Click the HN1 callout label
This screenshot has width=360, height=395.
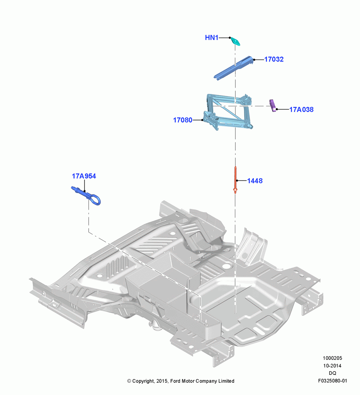tap(212, 38)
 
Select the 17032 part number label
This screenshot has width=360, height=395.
tap(274, 59)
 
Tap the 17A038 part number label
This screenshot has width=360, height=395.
tap(301, 109)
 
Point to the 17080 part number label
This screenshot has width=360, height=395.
tap(183, 120)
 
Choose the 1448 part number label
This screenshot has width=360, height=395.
tap(255, 181)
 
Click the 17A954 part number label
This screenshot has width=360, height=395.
tap(84, 176)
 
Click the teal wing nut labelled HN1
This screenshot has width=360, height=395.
tap(236, 41)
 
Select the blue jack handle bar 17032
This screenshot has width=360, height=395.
tap(233, 68)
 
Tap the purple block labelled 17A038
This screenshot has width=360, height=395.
tap(273, 105)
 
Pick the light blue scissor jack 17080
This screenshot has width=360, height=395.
tap(228, 112)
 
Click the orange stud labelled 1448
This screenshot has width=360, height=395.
tap(235, 180)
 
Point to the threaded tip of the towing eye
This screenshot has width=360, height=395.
tap(73, 188)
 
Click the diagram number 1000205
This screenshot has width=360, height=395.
tap(332, 358)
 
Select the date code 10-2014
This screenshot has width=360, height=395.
tap(332, 365)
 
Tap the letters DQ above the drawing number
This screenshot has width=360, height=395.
tap(332, 373)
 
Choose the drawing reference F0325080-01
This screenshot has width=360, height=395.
tap(332, 381)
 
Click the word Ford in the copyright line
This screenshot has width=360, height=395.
tap(176, 381)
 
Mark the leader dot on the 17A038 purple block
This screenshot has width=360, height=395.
tap(277, 109)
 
